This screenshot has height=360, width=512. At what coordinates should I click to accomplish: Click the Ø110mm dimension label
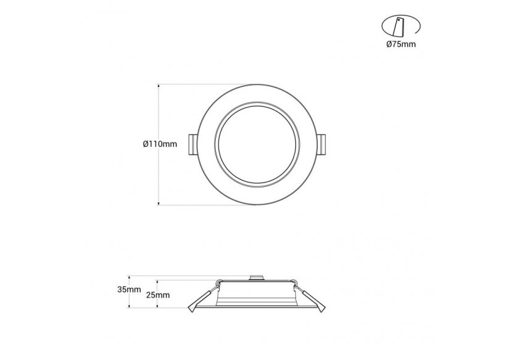tap(160, 144)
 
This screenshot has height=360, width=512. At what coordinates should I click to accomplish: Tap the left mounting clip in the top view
tap(193, 144)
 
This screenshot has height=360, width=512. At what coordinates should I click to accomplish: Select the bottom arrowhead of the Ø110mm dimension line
tap(159, 203)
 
